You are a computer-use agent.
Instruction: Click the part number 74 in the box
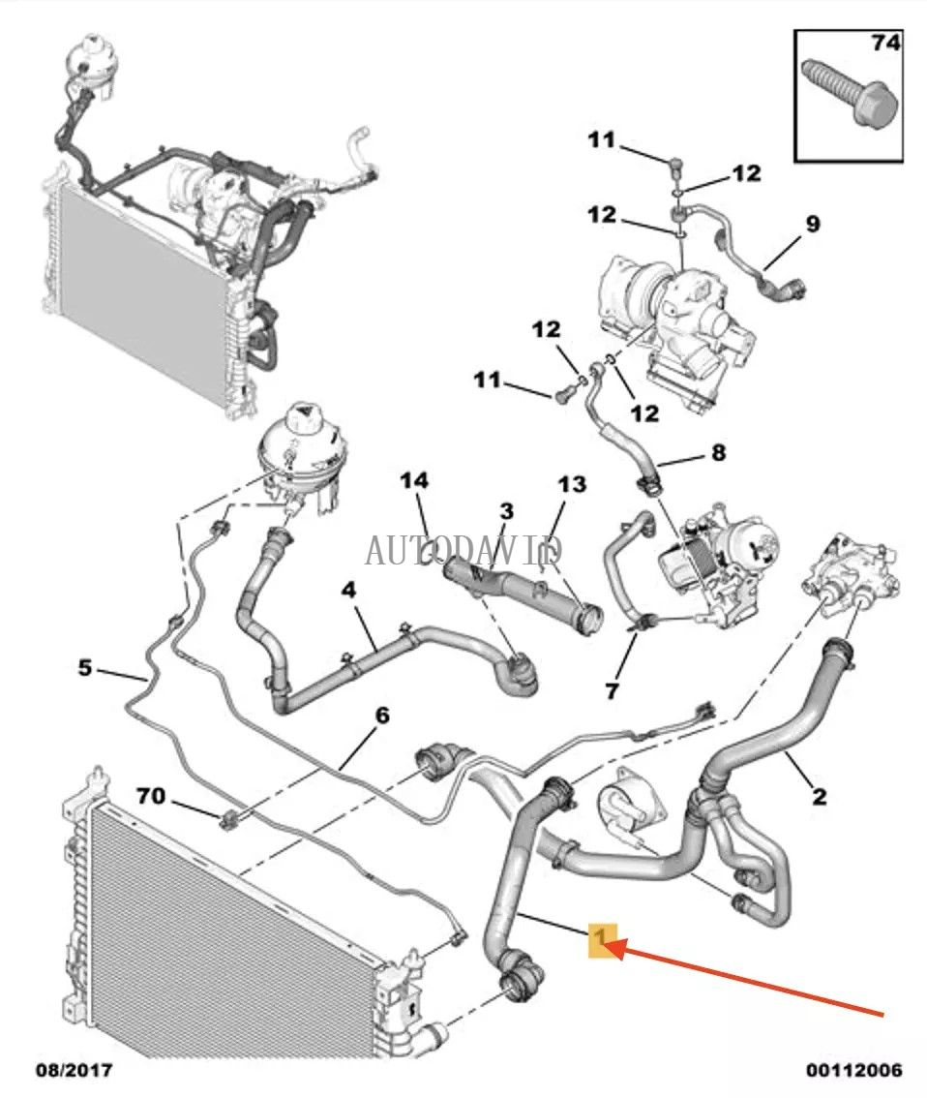[x=885, y=43]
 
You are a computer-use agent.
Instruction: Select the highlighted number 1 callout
[x=602, y=938]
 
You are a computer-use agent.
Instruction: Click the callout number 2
[x=820, y=796]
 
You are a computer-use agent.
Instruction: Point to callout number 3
[x=506, y=511]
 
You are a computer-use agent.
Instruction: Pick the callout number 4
[x=347, y=589]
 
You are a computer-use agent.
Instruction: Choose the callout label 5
[x=86, y=667]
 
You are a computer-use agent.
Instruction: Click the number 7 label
[x=611, y=690]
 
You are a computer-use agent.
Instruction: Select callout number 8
[x=717, y=451]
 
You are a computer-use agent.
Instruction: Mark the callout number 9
[x=812, y=224]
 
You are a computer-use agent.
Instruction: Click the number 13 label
[x=572, y=484]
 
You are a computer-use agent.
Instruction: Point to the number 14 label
[x=414, y=480]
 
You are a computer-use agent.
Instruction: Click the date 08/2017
[x=74, y=1070]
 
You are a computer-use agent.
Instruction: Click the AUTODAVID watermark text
[x=463, y=550]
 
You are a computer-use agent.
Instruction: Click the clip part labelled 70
[x=230, y=820]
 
